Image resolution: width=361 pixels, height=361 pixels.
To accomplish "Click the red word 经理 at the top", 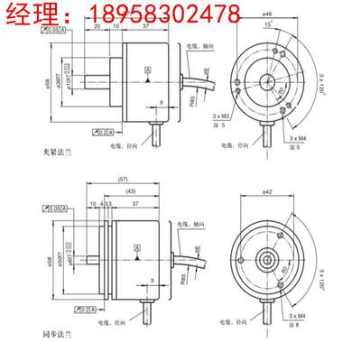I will (35, 14).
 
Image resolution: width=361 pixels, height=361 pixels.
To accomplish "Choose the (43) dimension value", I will (132, 192).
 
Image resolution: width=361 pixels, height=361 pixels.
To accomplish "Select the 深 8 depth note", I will (294, 326).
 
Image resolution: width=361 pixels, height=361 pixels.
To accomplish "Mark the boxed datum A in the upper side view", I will (146, 69).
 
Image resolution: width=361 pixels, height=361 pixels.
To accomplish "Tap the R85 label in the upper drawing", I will (192, 102).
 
